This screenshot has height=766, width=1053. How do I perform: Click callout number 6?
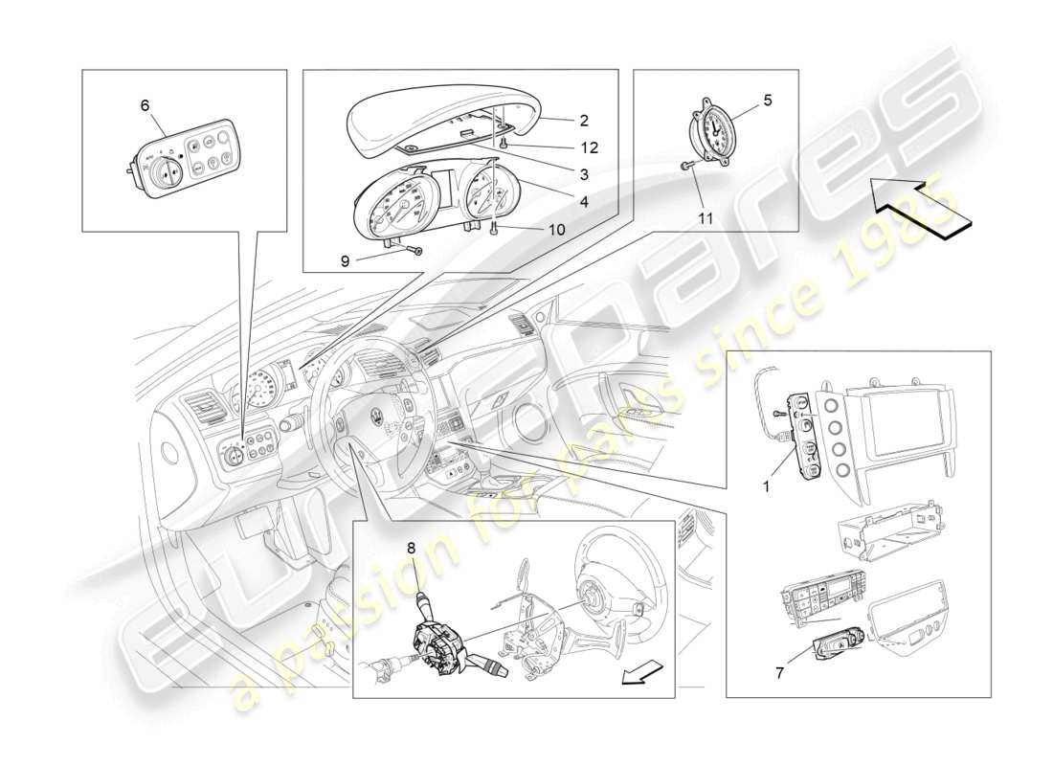point(145,105)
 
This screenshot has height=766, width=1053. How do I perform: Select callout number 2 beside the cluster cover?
point(583,122)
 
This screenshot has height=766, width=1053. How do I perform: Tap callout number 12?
point(589,147)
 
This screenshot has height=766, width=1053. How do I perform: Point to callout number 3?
point(583,174)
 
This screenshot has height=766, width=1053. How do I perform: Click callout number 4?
point(583,202)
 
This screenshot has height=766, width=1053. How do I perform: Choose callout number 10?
point(529,230)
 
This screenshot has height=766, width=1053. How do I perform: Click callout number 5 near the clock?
point(766,99)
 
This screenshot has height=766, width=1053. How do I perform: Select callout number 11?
point(705,218)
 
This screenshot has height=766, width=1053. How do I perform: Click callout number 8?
point(411,549)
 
